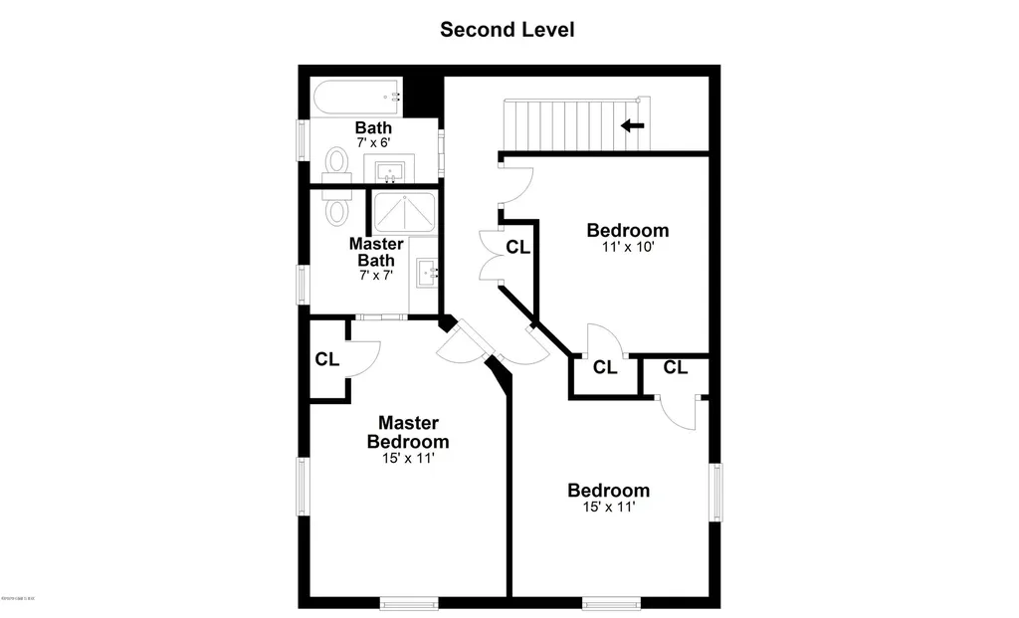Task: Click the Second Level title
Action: tap(508, 30)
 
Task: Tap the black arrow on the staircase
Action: tap(633, 125)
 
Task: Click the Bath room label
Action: tap(373, 128)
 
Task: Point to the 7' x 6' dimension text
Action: tap(373, 143)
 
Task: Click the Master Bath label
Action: tap(376, 252)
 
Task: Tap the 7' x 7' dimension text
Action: tap(376, 274)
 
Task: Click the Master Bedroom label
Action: tap(408, 433)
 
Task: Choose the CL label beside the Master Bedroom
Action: tap(327, 359)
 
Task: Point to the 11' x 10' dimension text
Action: tap(627, 247)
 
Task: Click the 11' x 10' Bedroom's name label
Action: tap(627, 231)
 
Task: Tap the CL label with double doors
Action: tap(517, 247)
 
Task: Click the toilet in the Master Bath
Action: tap(336, 209)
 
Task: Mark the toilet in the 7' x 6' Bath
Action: tap(338, 162)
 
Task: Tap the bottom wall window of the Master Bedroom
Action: tap(409, 602)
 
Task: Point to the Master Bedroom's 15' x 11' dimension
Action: tap(408, 459)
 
